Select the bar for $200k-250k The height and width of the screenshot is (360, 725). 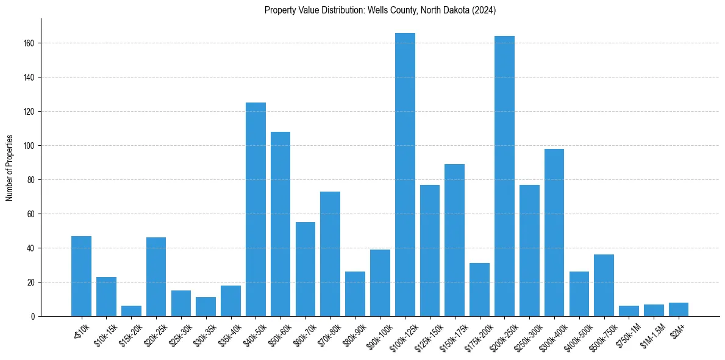[x=504, y=176]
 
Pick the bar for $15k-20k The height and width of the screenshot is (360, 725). [x=131, y=311]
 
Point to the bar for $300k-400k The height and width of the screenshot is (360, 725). [x=554, y=232]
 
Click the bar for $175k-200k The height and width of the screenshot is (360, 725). [x=479, y=290]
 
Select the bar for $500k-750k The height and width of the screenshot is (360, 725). [x=604, y=286]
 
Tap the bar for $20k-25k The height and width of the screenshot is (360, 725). [x=156, y=277]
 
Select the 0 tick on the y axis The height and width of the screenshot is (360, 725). [x=36, y=317]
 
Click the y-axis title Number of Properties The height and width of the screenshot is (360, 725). [x=9, y=167]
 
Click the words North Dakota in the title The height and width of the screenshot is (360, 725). [x=440, y=10]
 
